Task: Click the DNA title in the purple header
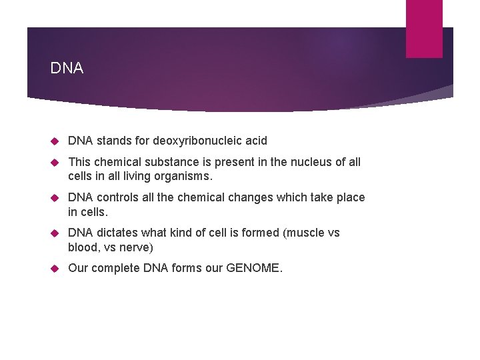67,69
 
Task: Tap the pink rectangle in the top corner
424,28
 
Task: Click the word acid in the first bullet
255,141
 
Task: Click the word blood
83,247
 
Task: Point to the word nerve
136,247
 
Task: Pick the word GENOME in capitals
254,269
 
